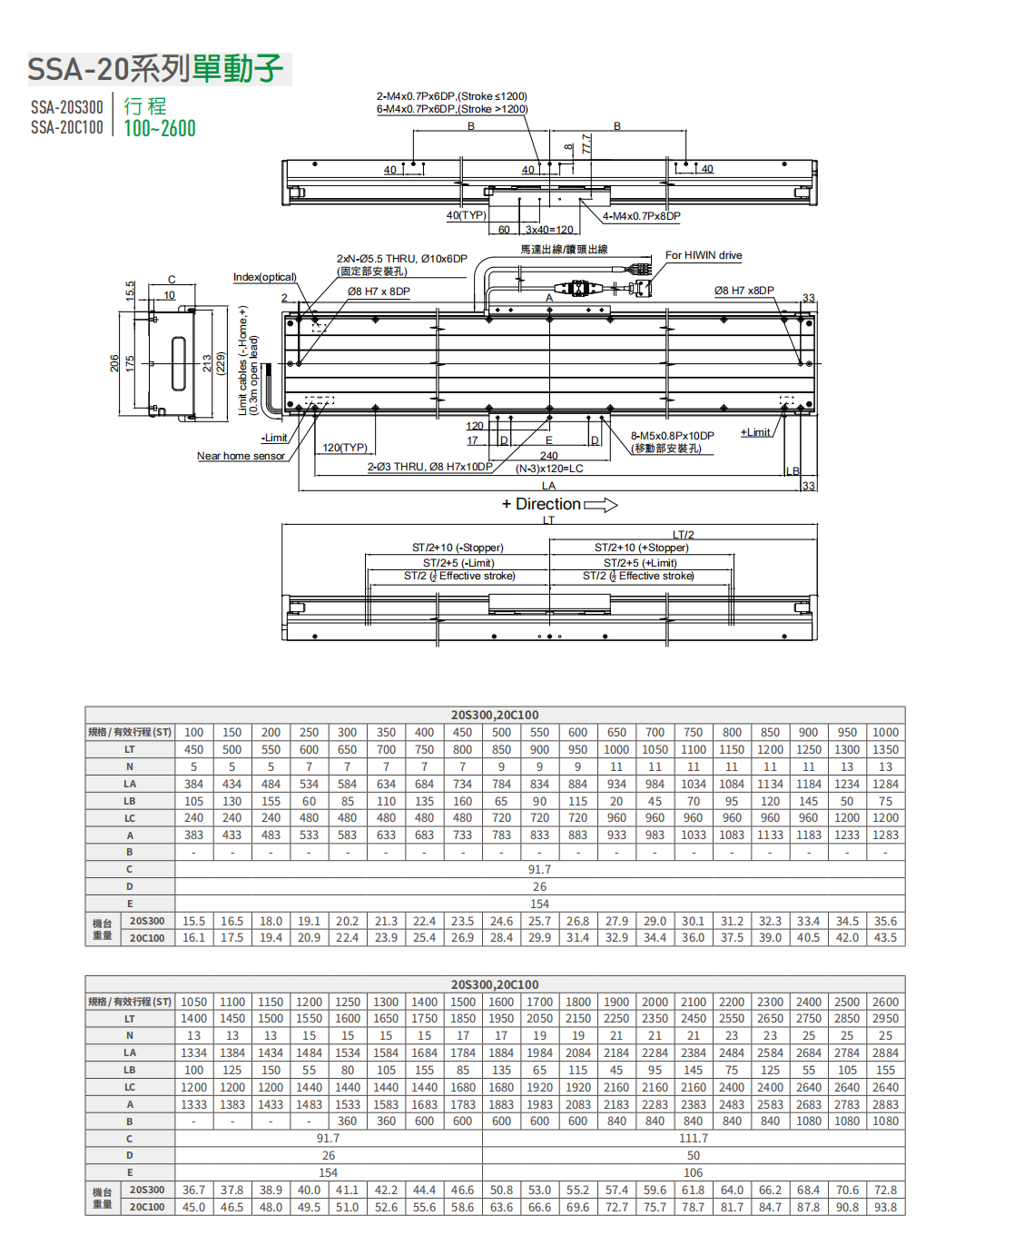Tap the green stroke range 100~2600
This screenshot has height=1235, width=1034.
click(x=160, y=129)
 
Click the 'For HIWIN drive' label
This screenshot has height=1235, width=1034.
click(x=704, y=255)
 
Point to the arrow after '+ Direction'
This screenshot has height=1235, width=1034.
click(x=600, y=505)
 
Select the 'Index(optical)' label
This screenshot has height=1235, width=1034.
click(x=264, y=277)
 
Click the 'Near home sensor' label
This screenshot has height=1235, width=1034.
click(x=241, y=456)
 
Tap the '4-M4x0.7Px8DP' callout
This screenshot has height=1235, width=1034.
click(x=641, y=216)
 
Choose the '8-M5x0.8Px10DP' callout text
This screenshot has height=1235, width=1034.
click(x=672, y=436)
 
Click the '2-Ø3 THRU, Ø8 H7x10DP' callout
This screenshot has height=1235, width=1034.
click(x=429, y=467)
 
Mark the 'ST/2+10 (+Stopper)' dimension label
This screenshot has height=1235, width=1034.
click(x=641, y=548)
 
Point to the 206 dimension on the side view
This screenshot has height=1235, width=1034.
click(x=114, y=363)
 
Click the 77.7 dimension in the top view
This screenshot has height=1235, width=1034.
click(x=586, y=144)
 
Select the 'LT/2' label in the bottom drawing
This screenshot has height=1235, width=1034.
click(x=683, y=535)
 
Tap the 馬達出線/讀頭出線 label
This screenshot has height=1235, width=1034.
click(x=564, y=249)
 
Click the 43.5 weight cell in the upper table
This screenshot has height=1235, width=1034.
click(x=885, y=938)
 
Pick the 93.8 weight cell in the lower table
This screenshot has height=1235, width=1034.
click(x=885, y=1207)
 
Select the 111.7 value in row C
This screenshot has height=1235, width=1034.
click(x=693, y=1139)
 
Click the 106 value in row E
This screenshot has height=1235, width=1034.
click(x=693, y=1172)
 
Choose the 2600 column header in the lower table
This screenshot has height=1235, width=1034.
click(x=885, y=1002)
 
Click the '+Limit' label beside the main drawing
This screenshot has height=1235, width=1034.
click(x=755, y=432)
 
